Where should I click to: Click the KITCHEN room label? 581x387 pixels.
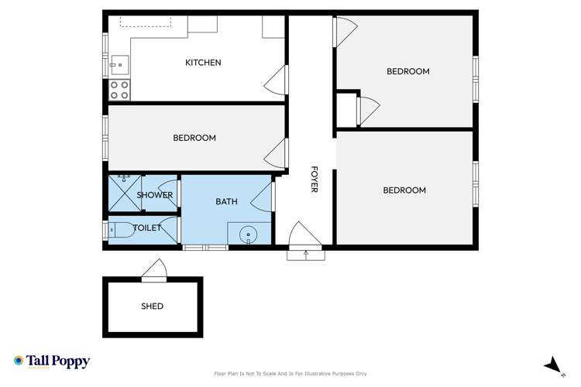[x=203, y=63]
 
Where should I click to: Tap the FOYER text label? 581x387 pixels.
[x=315, y=180]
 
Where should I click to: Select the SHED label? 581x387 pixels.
[x=153, y=306]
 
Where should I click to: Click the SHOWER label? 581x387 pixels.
[x=155, y=195]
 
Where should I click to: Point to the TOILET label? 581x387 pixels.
[x=147, y=228]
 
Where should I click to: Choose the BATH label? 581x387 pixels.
[x=226, y=201]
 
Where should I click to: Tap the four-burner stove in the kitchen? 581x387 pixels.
[x=119, y=90]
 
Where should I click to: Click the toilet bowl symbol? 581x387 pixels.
[x=119, y=229]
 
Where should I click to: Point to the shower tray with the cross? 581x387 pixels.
[x=122, y=195]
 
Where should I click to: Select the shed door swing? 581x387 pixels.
[x=154, y=270]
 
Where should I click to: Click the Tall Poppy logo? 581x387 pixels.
[x=52, y=361]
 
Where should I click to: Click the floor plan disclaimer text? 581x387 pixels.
[x=290, y=373]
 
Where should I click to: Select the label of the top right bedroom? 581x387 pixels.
[x=407, y=71]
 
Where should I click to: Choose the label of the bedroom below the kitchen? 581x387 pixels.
[x=194, y=138]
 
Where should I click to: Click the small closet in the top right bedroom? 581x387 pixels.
[x=346, y=109]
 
